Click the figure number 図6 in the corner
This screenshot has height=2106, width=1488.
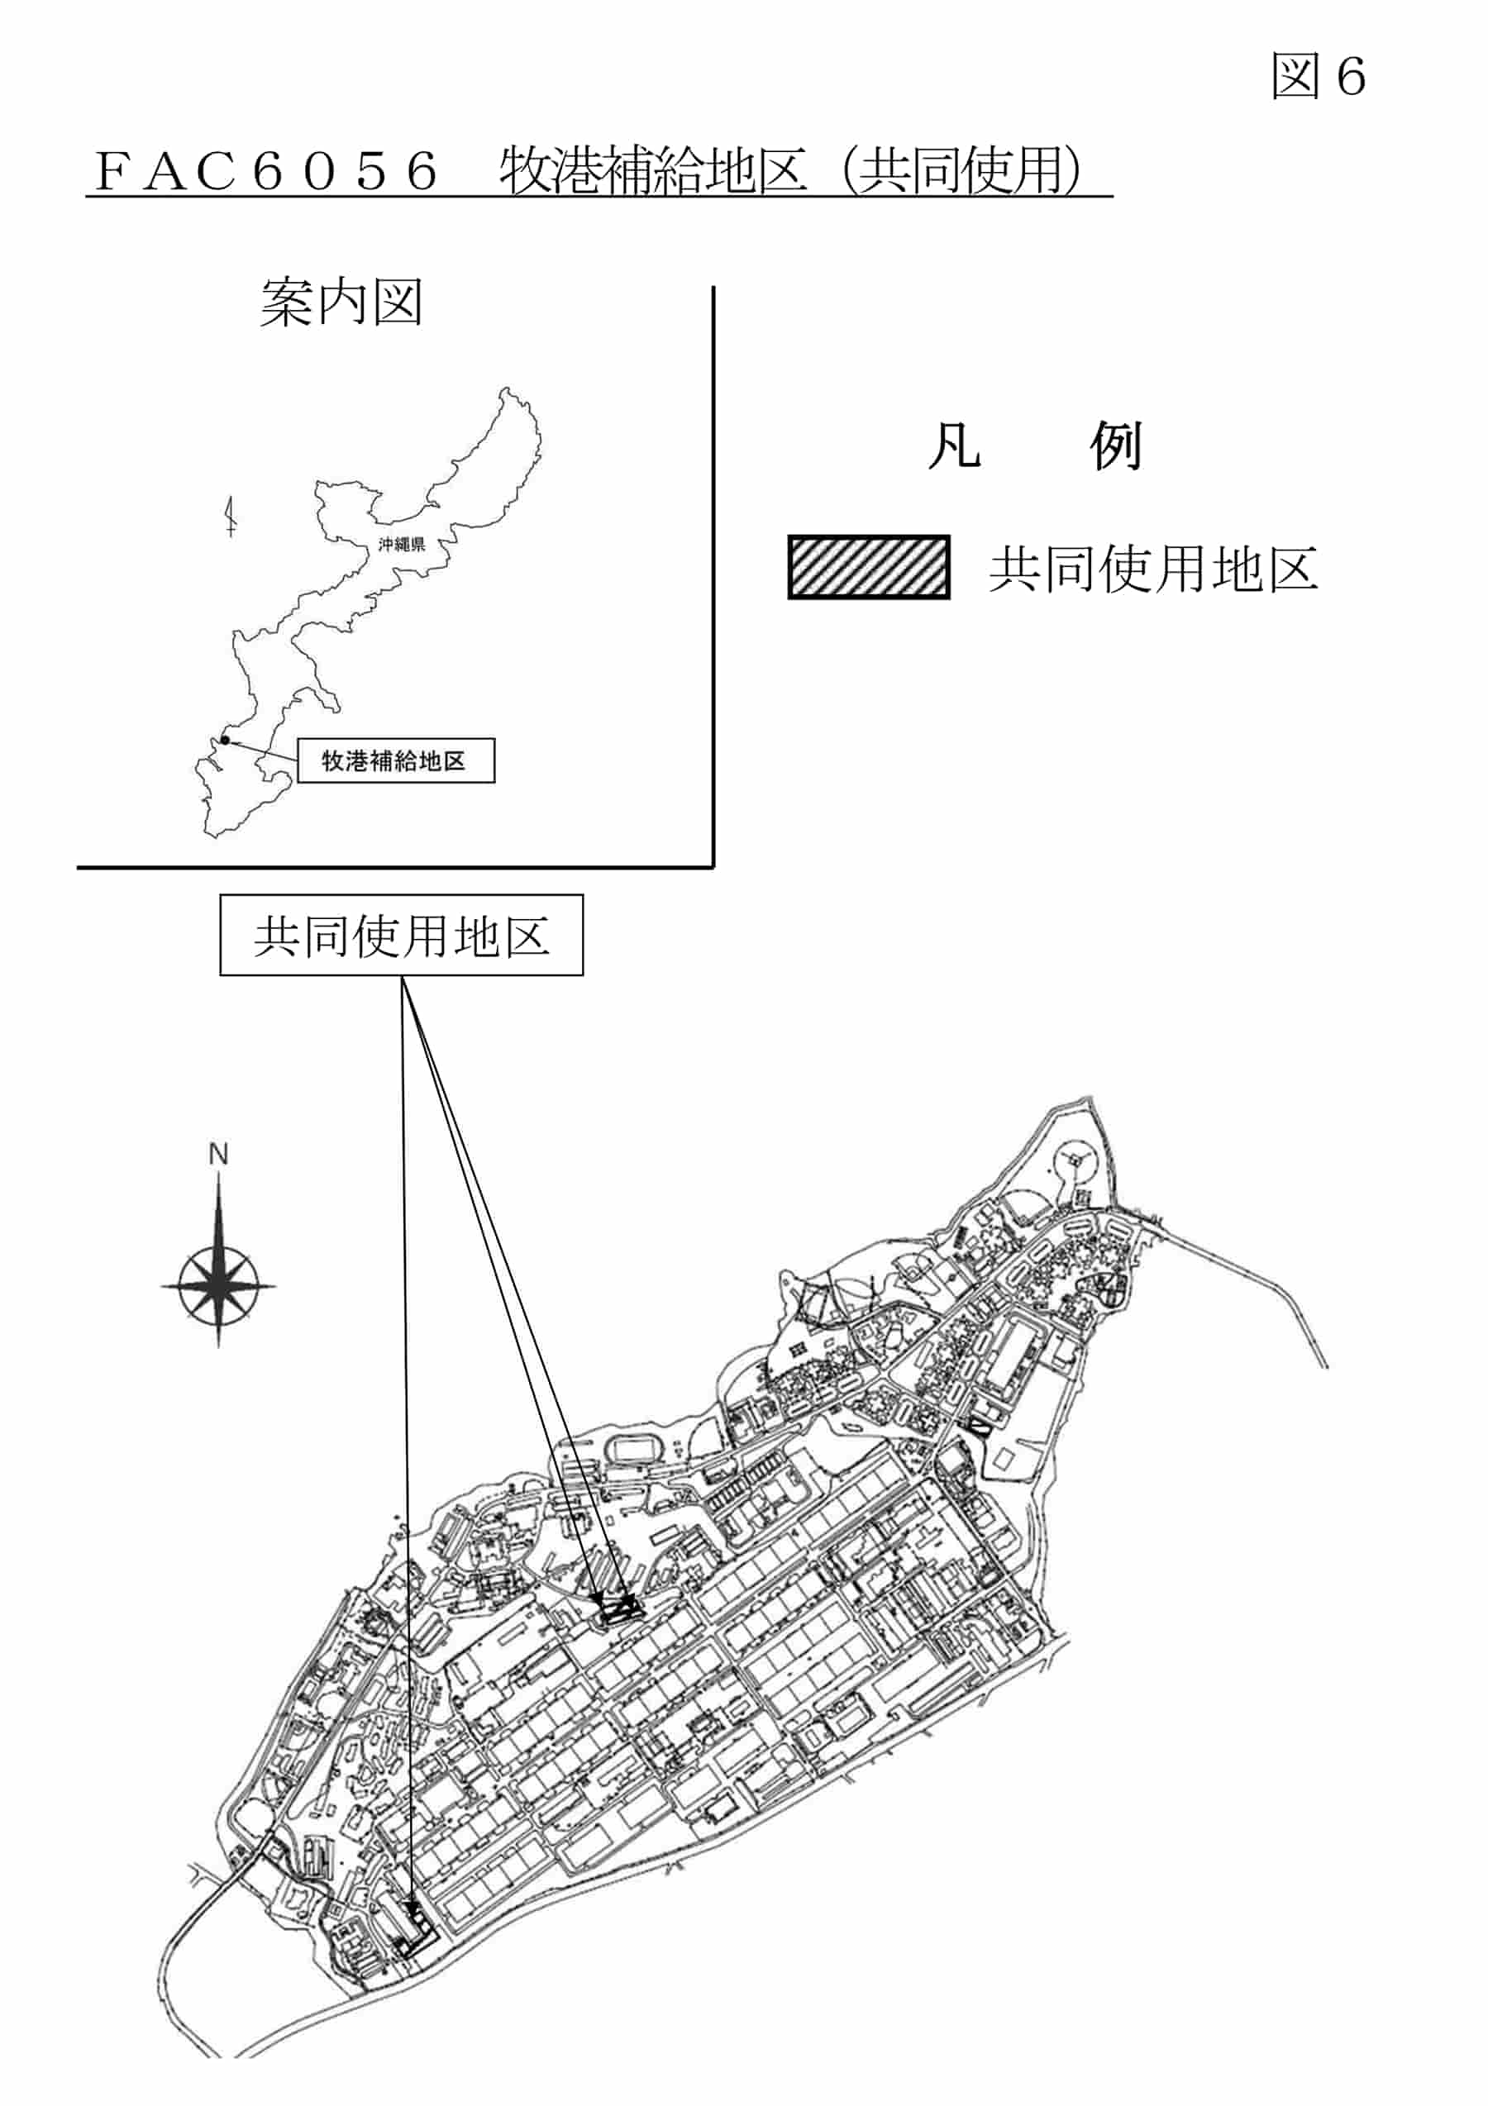[x=1319, y=75]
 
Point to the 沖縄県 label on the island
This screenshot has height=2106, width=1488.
[x=402, y=544]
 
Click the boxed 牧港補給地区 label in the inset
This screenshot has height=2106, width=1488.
[x=395, y=760]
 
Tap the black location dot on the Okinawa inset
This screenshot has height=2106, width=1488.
[x=225, y=739]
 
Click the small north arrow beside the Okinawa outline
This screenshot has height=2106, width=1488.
[x=231, y=516]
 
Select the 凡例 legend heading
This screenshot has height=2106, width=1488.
[x=1035, y=446]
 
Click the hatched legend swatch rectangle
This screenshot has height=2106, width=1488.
[x=869, y=567]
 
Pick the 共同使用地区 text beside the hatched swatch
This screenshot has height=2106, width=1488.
[x=1153, y=569]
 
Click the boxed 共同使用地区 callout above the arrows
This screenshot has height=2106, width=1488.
[x=401, y=935]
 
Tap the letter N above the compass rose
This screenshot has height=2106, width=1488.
[x=218, y=1154]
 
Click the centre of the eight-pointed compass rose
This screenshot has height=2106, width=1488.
[x=218, y=1285]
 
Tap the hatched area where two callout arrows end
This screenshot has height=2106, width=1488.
[x=618, y=1612]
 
